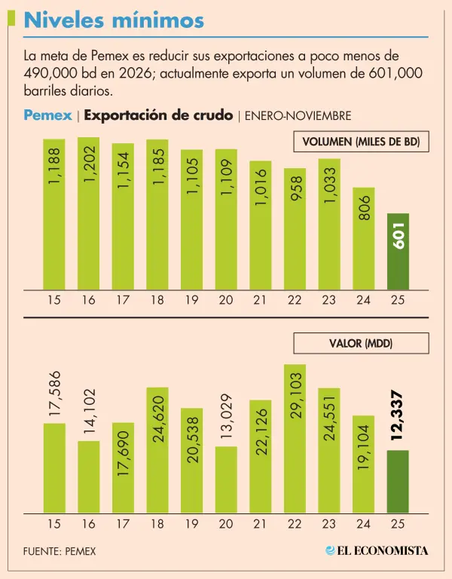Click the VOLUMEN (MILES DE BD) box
click(360, 142)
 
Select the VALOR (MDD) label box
click(360, 344)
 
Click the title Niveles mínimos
click(114, 21)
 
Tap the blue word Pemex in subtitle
click(47, 115)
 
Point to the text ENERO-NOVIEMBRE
click(298, 116)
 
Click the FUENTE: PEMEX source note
click(60, 551)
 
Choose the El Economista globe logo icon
click(330, 550)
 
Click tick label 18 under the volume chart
click(157, 300)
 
